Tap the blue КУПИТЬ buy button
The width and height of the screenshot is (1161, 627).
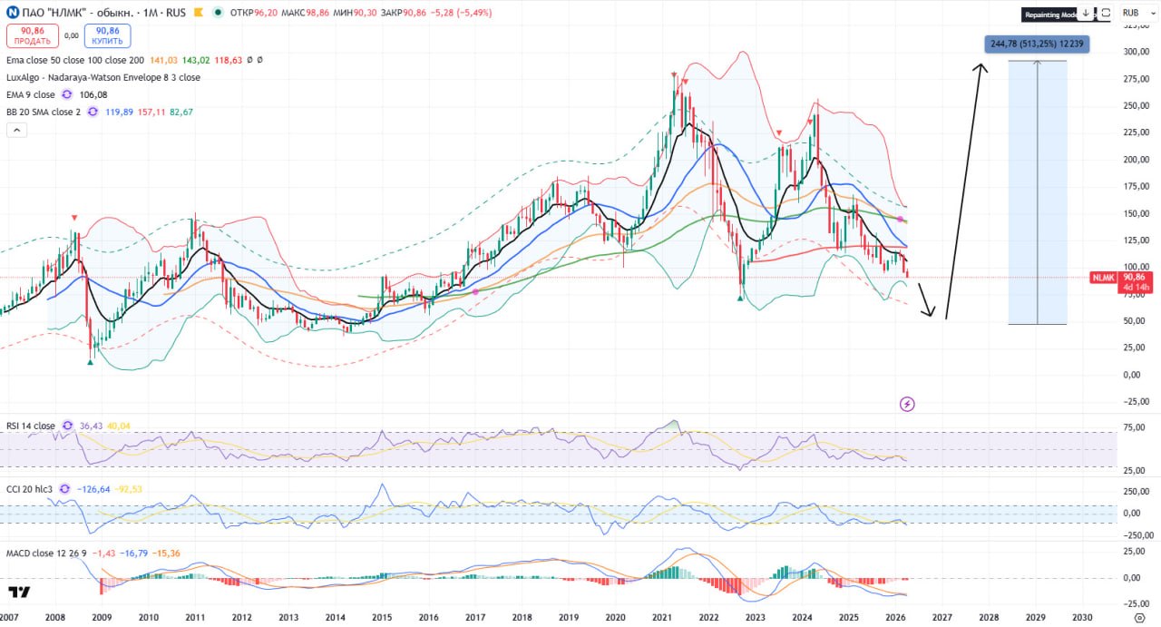click(x=108, y=35)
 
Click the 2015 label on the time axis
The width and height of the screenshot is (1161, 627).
click(x=382, y=617)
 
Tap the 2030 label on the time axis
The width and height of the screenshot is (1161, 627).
click(x=1082, y=617)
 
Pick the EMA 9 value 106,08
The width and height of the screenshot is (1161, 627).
click(x=93, y=95)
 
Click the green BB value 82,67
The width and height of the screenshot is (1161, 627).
click(x=181, y=113)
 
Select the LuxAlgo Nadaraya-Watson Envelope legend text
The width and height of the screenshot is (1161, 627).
click(x=103, y=78)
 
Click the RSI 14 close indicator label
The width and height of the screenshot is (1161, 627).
click(x=31, y=426)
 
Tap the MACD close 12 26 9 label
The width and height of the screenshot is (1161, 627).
click(x=46, y=553)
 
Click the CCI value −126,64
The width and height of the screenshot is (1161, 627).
click(x=93, y=489)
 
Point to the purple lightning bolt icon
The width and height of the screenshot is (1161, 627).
click(x=906, y=404)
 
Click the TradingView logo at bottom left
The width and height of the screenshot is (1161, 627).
click(x=18, y=593)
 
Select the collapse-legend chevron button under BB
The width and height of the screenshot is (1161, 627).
click(x=16, y=130)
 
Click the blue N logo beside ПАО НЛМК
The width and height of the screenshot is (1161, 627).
click(x=12, y=13)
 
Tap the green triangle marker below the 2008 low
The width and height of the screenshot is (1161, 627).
click(x=90, y=362)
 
